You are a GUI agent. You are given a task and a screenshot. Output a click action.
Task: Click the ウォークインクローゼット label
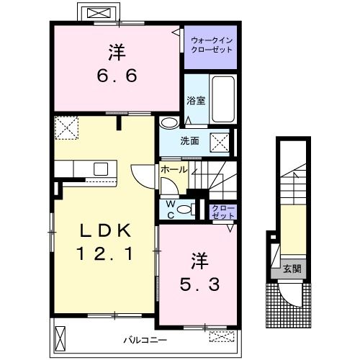212,45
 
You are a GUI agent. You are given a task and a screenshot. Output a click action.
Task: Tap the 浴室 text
196,101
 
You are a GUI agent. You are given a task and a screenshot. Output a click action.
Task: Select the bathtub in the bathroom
223,99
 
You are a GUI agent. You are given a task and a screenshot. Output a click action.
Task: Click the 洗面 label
189,141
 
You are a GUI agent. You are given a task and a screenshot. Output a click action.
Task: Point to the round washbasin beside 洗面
168,122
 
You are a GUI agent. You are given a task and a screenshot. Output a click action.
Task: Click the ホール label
174,170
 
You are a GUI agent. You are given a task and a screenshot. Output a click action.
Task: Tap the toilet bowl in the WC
185,210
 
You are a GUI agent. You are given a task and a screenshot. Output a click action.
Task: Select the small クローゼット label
223,212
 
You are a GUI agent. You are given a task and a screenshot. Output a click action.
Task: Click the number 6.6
117,76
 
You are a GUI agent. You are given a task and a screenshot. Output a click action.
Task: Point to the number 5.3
199,284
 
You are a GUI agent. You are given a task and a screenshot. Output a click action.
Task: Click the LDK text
106,230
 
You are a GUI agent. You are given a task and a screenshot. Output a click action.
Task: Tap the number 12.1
105,253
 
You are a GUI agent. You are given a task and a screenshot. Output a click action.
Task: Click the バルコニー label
145,340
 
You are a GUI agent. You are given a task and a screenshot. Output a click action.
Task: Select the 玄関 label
292,269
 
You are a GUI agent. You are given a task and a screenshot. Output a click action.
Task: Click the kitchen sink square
101,168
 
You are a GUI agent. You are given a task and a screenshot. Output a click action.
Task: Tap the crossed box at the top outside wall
99,13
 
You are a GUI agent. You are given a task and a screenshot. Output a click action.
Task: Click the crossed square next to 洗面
220,142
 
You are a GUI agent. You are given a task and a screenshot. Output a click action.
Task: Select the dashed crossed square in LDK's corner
66,127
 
